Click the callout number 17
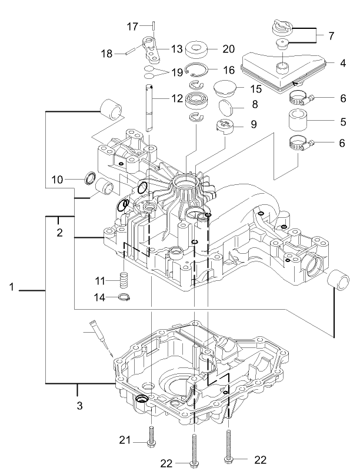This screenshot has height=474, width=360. (132, 26)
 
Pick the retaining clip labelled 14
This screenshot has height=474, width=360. (124, 297)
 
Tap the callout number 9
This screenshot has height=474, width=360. (254, 125)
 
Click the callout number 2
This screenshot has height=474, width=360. (59, 233)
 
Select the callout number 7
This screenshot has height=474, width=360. (331, 36)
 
